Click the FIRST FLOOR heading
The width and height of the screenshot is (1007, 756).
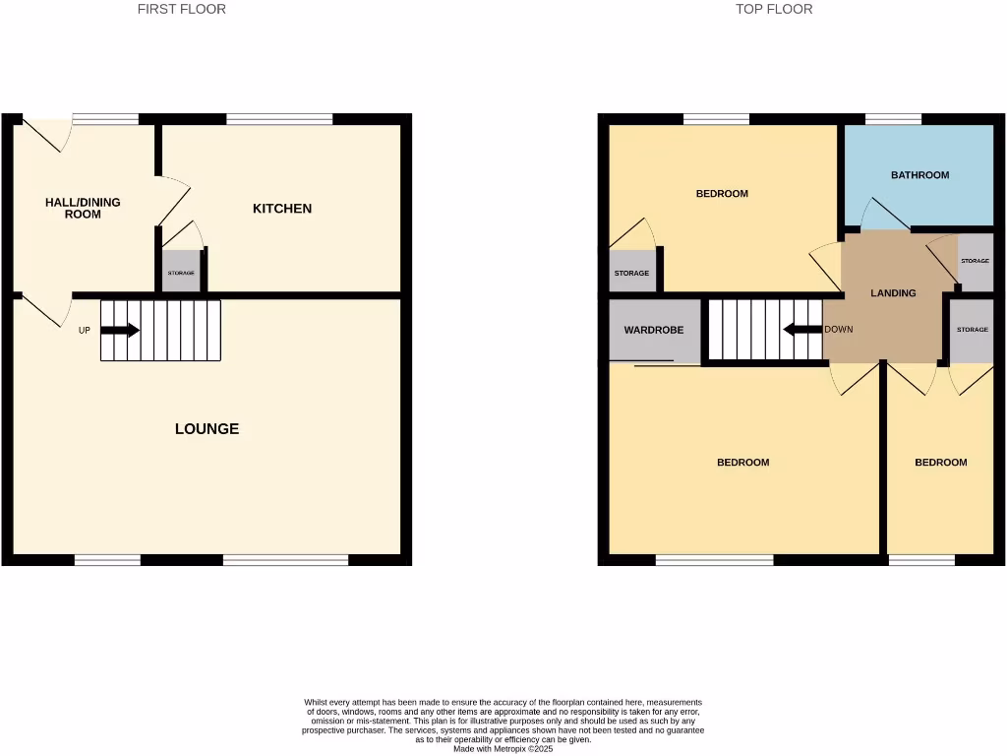coord(181,9)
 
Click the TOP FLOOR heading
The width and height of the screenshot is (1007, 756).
coord(774,9)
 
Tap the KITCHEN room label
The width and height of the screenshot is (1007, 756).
coord(282,209)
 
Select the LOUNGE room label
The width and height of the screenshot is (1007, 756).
coord(207,429)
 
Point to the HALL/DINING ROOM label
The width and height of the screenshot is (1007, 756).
coord(83,208)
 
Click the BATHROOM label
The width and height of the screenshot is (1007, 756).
coord(919,175)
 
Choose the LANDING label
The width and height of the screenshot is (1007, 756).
coord(893,293)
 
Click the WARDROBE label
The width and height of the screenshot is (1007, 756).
coord(653,331)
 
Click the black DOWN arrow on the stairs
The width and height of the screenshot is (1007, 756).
coord(801,329)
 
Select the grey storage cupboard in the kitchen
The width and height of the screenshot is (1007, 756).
coord(181,272)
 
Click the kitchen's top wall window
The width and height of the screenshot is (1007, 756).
coord(279,119)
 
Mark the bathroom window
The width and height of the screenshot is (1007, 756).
coord(893,119)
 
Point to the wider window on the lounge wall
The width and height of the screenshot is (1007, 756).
coord(285,560)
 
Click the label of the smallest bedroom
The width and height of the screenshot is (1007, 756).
coord(940,463)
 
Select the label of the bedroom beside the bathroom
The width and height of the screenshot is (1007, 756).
coord(722,194)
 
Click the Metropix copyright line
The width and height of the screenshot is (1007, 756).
coord(503,749)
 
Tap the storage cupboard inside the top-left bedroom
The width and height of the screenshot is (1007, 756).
coord(631,273)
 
